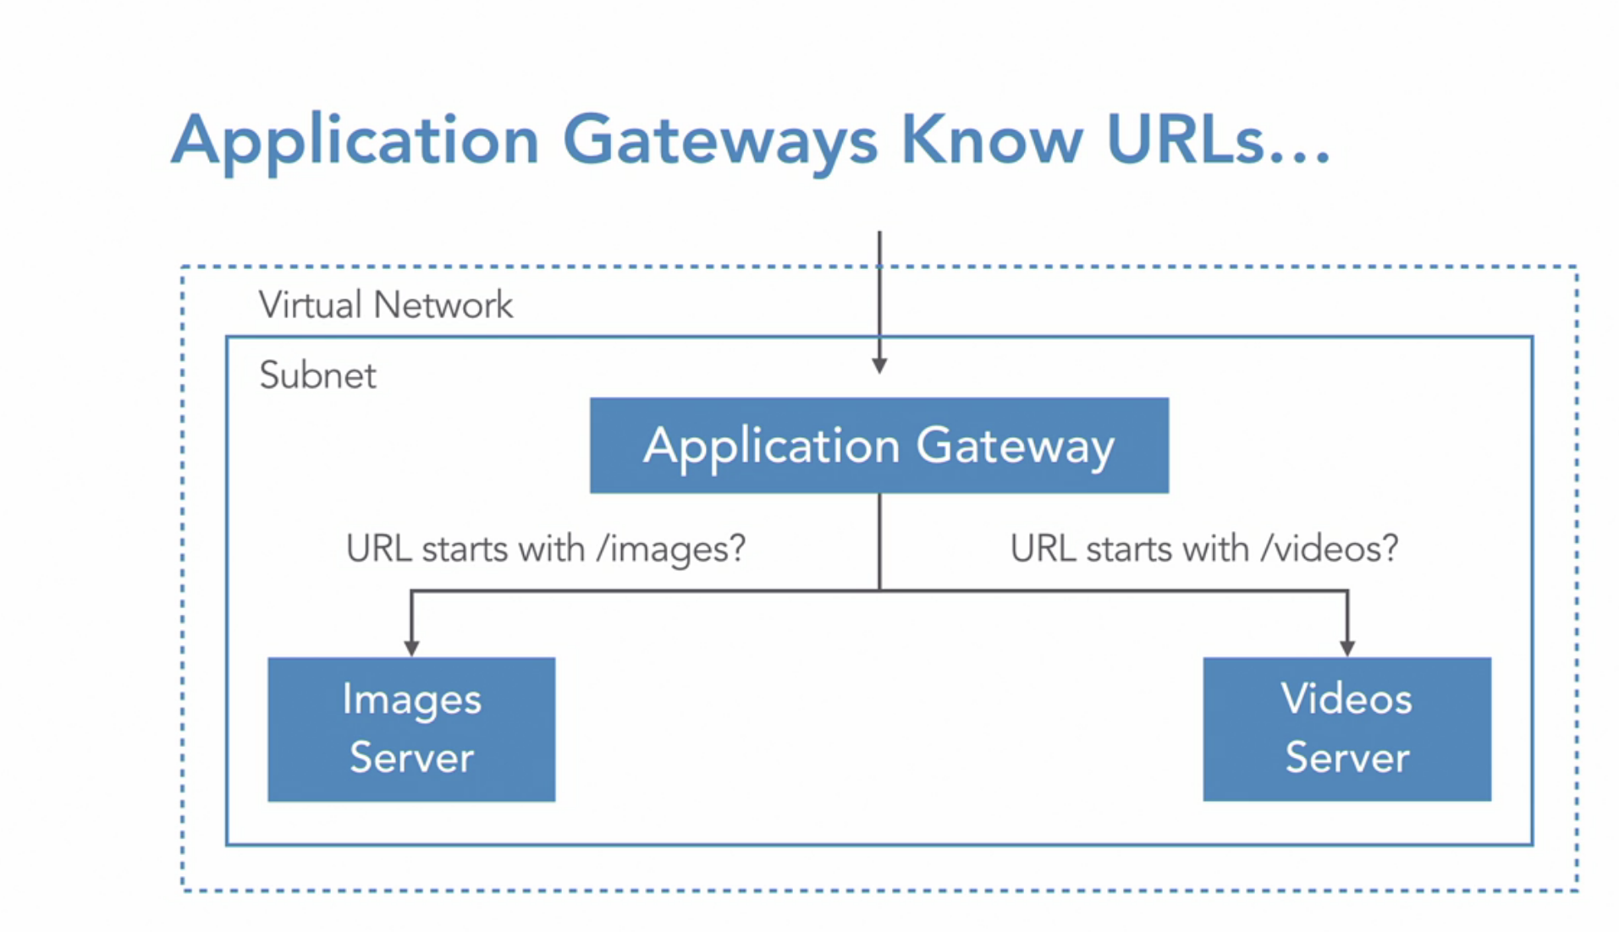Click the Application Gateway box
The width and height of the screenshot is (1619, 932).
[x=879, y=445]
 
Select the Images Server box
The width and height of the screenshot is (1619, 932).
[x=411, y=729]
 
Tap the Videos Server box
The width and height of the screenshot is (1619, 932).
[x=1347, y=729]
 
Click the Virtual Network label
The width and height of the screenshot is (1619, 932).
[x=386, y=304]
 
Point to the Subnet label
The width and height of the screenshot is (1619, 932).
[x=317, y=375]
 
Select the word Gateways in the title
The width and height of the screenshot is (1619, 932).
[x=720, y=142]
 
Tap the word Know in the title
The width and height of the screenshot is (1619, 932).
[x=992, y=139]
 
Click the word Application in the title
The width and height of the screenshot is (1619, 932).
[x=355, y=142]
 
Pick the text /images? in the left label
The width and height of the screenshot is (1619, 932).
[x=671, y=549]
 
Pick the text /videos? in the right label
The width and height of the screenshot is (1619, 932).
[x=1330, y=549]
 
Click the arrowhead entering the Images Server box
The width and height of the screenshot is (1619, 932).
[x=411, y=649]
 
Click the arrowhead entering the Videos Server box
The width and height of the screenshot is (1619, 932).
[x=1347, y=649]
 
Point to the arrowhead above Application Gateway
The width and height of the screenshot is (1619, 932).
[x=879, y=365]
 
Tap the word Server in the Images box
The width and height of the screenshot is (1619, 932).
[x=411, y=757]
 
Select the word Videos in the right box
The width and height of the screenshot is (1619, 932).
[x=1346, y=699]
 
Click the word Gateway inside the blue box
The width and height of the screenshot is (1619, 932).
[x=1015, y=447]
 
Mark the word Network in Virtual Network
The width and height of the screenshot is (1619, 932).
[x=443, y=304]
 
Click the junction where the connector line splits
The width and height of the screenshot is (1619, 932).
[x=879, y=590]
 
